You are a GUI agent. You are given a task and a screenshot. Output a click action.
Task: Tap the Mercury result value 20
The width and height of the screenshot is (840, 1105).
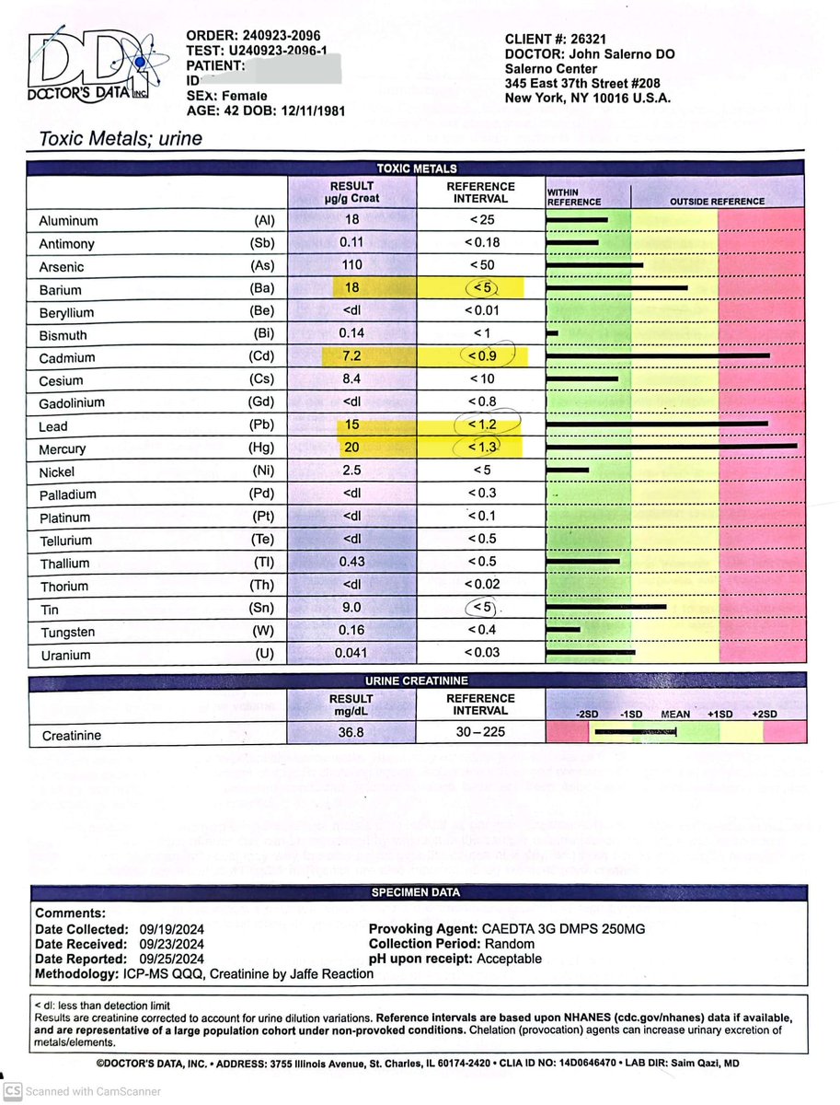point(351,448)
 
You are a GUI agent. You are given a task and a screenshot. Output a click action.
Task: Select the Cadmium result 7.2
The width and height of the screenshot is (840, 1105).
point(351,357)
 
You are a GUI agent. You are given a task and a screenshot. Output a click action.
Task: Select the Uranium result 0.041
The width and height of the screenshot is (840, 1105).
point(351,655)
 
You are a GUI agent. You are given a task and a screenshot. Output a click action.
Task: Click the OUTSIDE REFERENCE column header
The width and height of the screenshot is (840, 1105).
point(717,201)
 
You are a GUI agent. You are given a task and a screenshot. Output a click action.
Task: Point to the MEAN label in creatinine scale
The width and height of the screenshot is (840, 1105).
point(675,715)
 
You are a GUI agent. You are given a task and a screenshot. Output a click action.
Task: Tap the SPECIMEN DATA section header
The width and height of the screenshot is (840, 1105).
point(415,892)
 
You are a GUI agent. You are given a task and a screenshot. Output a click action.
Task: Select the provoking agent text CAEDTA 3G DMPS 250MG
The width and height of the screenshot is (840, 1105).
point(563,929)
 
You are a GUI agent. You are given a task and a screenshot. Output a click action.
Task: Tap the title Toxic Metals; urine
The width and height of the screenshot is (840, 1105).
point(120,139)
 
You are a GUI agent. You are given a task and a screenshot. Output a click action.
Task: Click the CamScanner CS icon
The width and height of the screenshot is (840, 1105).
point(12,1091)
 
